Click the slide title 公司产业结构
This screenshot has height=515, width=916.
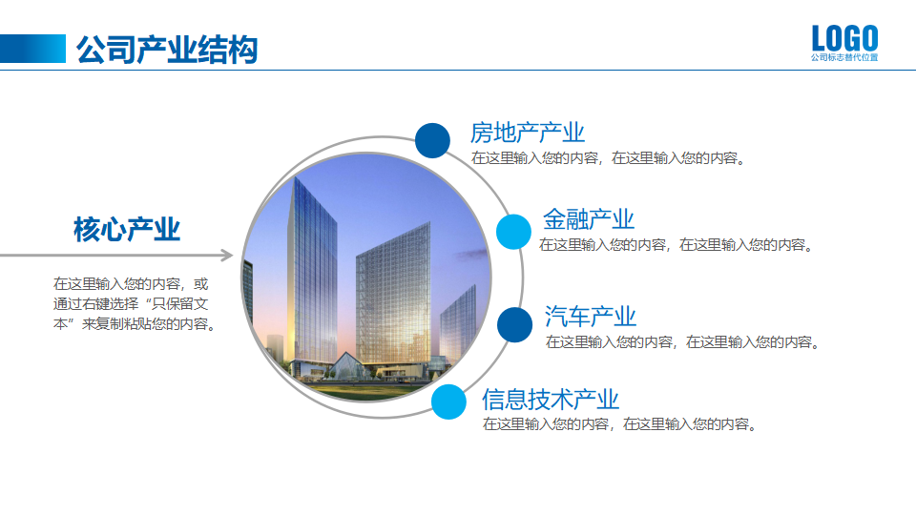[167, 49]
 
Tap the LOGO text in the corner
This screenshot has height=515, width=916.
[844, 39]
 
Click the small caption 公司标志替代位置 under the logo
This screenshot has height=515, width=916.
[844, 58]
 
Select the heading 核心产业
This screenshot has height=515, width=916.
[127, 230]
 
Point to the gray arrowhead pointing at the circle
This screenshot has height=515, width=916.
[225, 256]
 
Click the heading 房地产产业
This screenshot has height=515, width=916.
[527, 133]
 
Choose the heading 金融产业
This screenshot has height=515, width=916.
[589, 219]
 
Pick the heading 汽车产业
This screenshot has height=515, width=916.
[591, 316]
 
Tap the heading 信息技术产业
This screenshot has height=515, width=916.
[551, 400]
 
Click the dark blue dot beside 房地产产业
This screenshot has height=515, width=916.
[432, 140]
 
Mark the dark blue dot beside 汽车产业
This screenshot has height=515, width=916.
[515, 325]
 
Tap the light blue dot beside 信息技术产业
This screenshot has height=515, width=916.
[448, 402]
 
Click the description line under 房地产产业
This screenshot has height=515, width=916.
[608, 158]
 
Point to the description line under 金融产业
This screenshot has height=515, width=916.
[676, 245]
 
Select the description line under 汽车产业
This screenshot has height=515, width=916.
[682, 341]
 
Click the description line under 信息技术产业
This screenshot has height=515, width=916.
[620, 424]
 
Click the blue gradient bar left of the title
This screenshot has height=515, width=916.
[33, 49]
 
